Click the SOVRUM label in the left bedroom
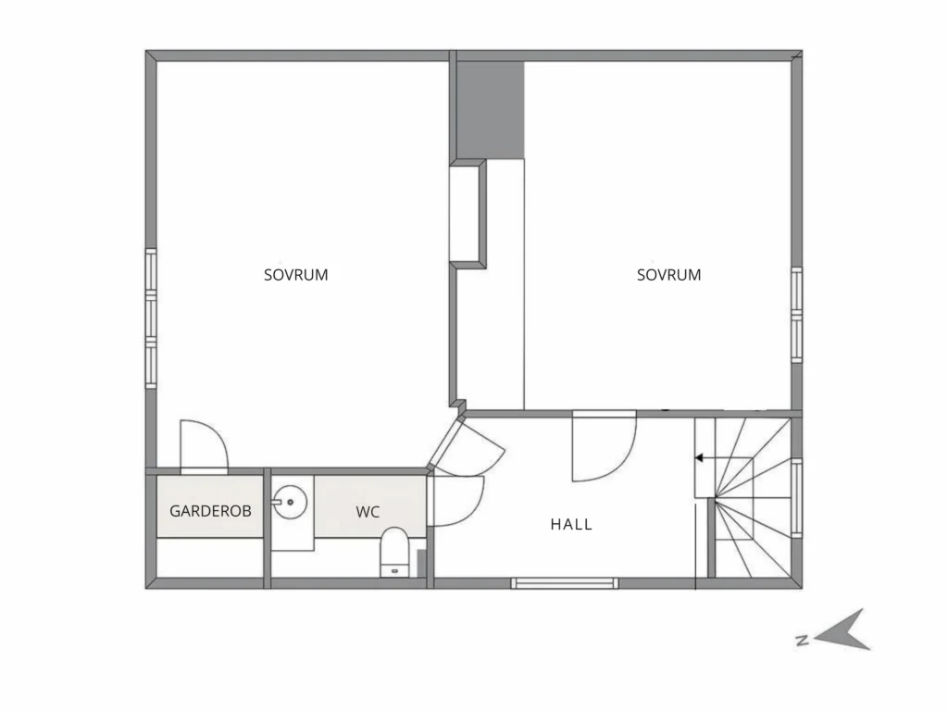295,275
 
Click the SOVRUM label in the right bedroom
668,275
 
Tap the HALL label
571,524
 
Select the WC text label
368,512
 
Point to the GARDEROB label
210,511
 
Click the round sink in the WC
290,502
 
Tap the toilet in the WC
394,552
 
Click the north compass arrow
843,630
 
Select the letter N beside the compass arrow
803,641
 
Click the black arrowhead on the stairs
699,457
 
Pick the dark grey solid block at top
490,110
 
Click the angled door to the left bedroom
466,444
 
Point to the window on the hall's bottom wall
565,583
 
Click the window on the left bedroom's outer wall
151,318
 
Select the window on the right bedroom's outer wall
797,315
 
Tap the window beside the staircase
797,498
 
